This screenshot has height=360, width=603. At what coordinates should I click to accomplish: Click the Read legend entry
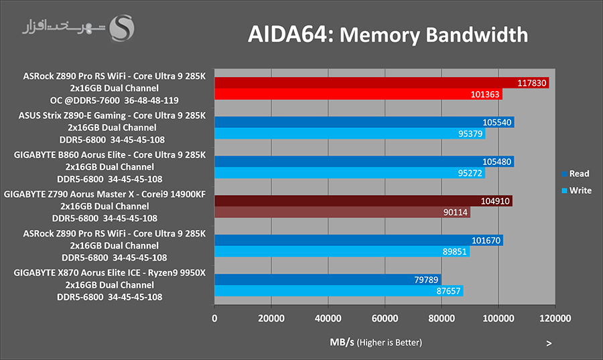pos(576,174)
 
